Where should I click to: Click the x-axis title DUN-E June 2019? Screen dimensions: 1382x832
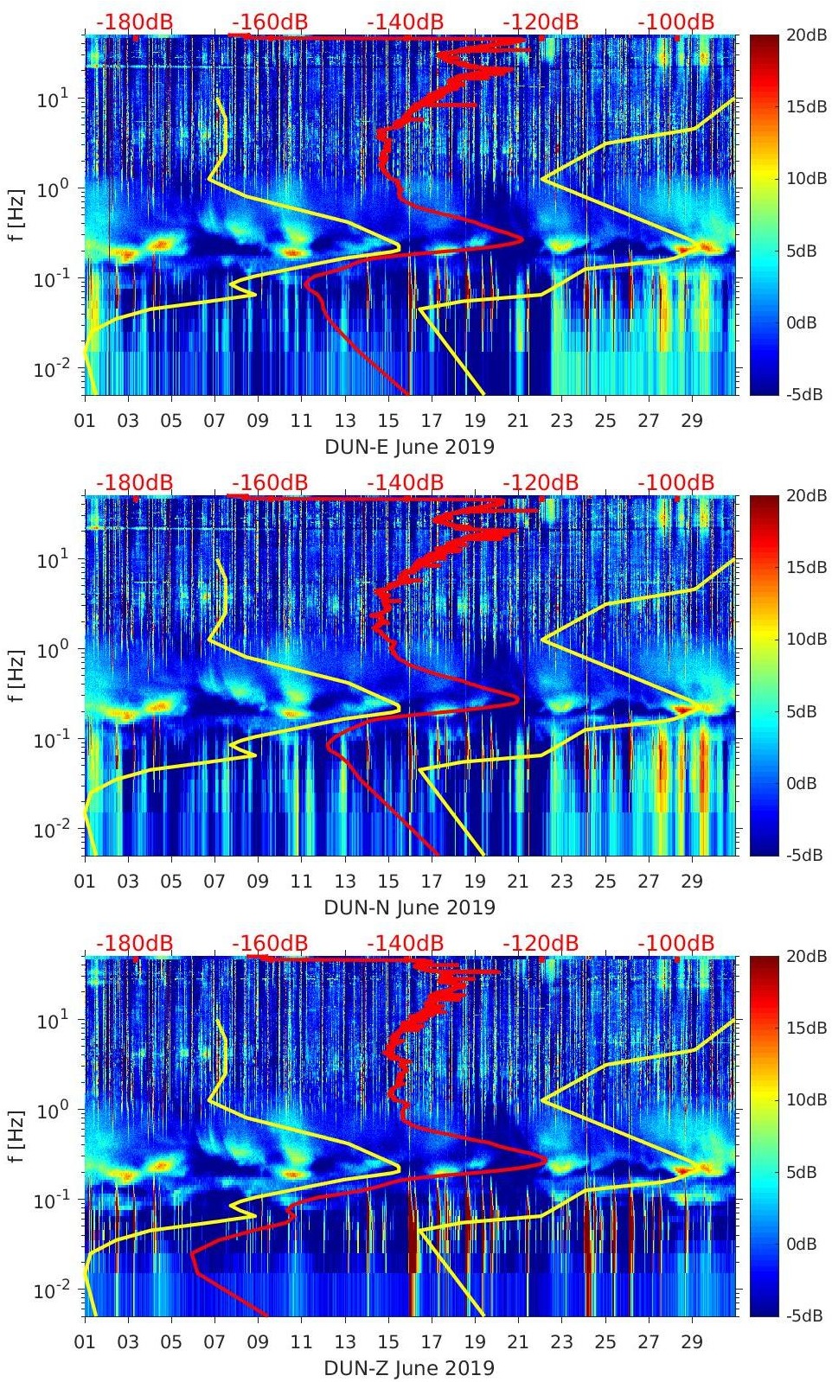pos(409,447)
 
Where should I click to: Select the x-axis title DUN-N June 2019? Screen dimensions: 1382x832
pos(409,908)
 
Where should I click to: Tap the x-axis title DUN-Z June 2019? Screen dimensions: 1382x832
pos(409,1368)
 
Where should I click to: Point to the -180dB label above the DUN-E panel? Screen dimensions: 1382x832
pos(134,22)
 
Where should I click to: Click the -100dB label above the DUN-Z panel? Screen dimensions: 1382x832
pos(675,943)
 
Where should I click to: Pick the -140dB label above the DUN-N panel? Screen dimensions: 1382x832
pos(405,482)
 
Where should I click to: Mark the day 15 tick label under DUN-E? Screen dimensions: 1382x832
pos(388,421)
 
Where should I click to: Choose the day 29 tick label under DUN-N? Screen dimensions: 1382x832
pos(692,882)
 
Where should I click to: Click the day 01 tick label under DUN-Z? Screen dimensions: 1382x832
pos(85,1342)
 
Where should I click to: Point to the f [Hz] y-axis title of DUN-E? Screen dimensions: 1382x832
pos(16,214)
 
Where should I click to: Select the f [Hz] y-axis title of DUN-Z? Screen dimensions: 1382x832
pos(16,1136)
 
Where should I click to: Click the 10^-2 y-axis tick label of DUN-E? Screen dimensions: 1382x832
pos(48,369)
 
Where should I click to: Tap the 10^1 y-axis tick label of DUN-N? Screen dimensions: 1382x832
pos(48,559)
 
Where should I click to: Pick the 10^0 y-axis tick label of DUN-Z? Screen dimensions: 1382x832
pos(48,1110)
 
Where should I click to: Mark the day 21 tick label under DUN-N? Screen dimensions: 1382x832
pos(518,882)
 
